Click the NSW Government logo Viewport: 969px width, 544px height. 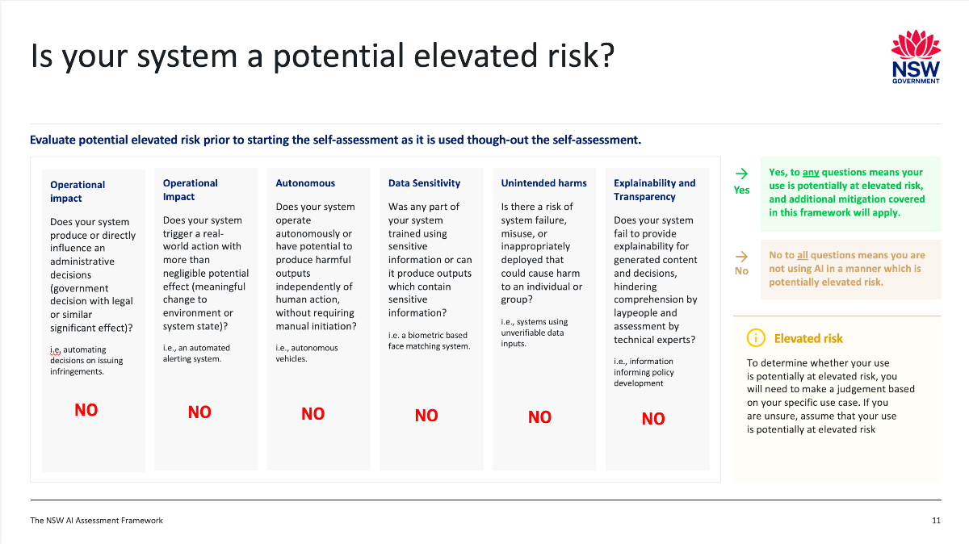916,56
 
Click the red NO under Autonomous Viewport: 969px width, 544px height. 313,414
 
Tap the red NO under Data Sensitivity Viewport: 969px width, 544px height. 426,416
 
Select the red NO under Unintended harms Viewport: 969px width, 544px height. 539,417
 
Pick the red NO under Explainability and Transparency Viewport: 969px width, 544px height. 652,419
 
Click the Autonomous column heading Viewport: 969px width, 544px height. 305,183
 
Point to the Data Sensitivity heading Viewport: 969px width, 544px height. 424,183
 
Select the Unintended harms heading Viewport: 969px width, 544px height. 543,183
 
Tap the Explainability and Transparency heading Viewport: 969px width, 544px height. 655,190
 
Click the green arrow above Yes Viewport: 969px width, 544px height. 741,174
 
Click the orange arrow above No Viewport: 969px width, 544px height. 741,257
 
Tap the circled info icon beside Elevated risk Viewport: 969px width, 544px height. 756,338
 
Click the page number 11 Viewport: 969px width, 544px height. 936,521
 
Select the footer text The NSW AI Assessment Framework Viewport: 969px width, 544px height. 96,521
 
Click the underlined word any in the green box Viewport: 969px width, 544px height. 811,172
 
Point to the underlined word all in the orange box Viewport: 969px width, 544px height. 803,255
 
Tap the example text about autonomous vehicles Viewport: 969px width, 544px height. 307,354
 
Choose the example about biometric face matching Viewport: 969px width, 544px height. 429,341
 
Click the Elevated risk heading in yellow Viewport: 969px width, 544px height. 808,338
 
